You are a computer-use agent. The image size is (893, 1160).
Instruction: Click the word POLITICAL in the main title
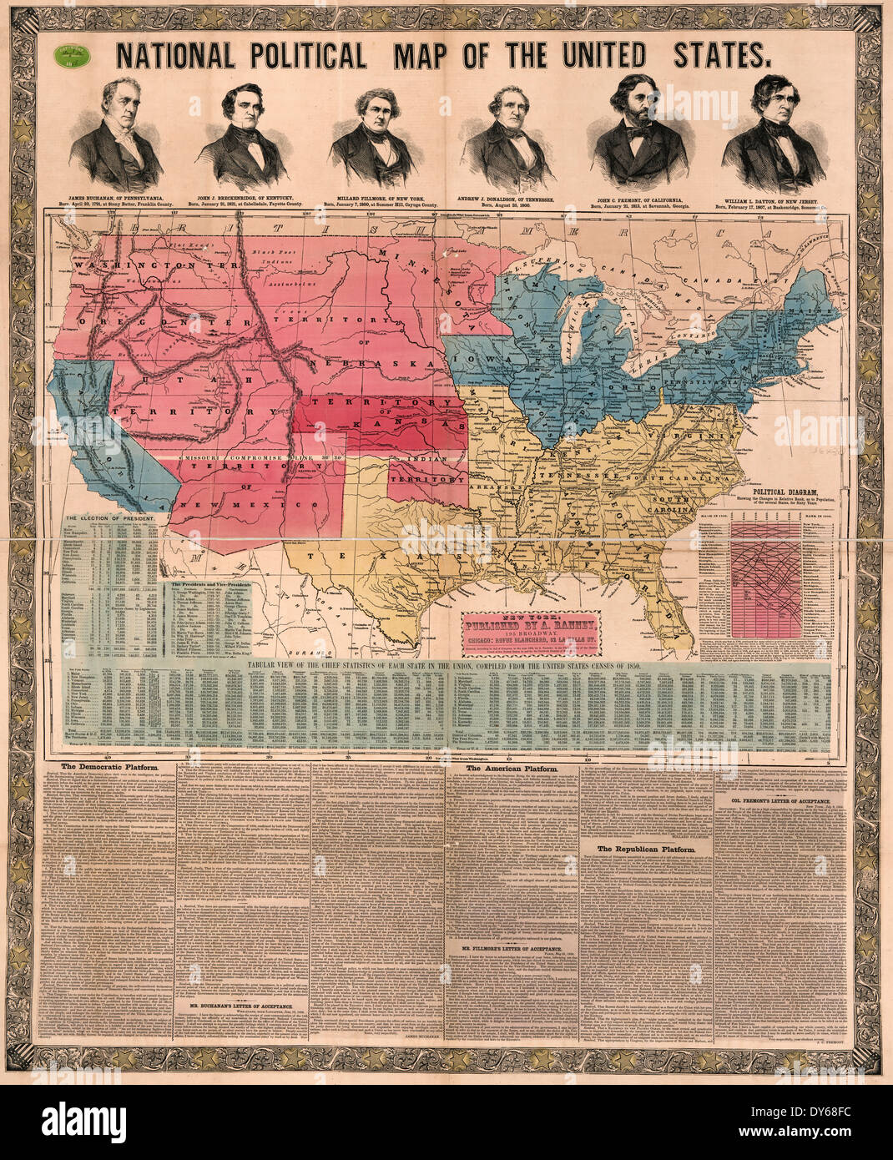pos(306,55)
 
